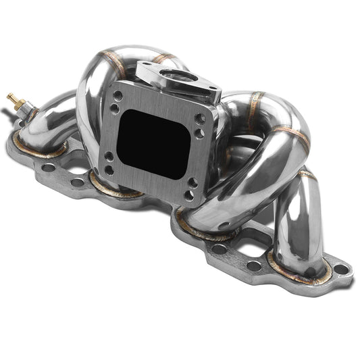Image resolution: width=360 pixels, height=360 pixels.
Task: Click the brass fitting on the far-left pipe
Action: (14, 102)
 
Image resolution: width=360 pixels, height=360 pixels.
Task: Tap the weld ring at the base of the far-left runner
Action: (34, 150)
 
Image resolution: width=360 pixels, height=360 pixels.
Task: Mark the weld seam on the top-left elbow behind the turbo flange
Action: (115, 62)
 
